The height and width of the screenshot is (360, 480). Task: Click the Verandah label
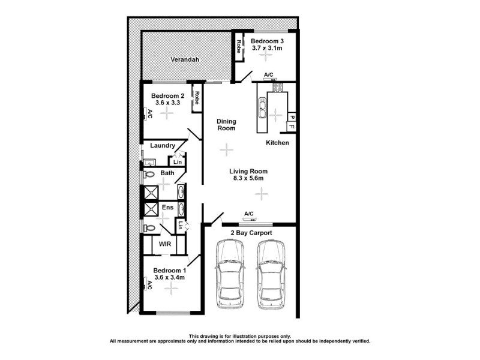[184, 60]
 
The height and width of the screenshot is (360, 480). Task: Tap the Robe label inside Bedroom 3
[238, 47]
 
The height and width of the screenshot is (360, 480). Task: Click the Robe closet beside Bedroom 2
[196, 98]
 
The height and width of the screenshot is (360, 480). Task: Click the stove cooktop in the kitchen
[278, 88]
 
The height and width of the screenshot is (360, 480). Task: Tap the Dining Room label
[226, 124]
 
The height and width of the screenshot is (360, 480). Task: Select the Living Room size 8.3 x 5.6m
[249, 178]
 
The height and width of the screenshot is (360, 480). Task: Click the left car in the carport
[229, 274]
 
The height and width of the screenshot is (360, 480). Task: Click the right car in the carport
[271, 274]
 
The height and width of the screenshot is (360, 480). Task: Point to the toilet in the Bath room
[149, 175]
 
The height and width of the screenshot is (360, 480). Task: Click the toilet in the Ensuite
[149, 227]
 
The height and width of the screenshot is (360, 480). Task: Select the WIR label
[164, 245]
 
